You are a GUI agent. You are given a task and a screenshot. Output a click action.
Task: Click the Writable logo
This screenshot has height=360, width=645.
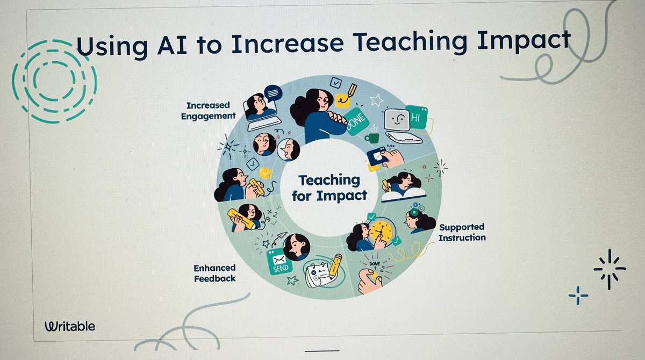pos(70,326)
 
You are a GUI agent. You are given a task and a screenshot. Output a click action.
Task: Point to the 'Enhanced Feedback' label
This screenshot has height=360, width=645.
pos(215,273)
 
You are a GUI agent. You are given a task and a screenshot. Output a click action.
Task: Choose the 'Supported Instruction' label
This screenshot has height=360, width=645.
pos(462,232)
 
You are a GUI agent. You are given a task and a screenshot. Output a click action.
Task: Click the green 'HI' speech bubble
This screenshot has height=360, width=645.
pos(417,117)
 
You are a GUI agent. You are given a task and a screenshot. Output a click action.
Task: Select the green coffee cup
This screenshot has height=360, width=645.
pos(371,138)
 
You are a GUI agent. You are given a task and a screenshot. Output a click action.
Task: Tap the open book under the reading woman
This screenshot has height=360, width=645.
pos(403,193)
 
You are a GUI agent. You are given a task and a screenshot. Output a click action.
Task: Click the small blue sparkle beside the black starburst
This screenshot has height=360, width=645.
pos(578,295)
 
